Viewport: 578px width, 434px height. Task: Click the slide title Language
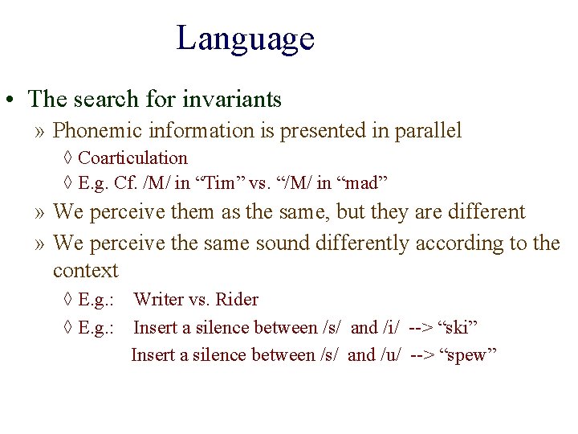click(x=245, y=39)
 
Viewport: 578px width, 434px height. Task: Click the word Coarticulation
click(x=132, y=158)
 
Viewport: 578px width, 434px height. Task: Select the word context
click(x=85, y=270)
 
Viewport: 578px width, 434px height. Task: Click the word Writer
click(x=158, y=300)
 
